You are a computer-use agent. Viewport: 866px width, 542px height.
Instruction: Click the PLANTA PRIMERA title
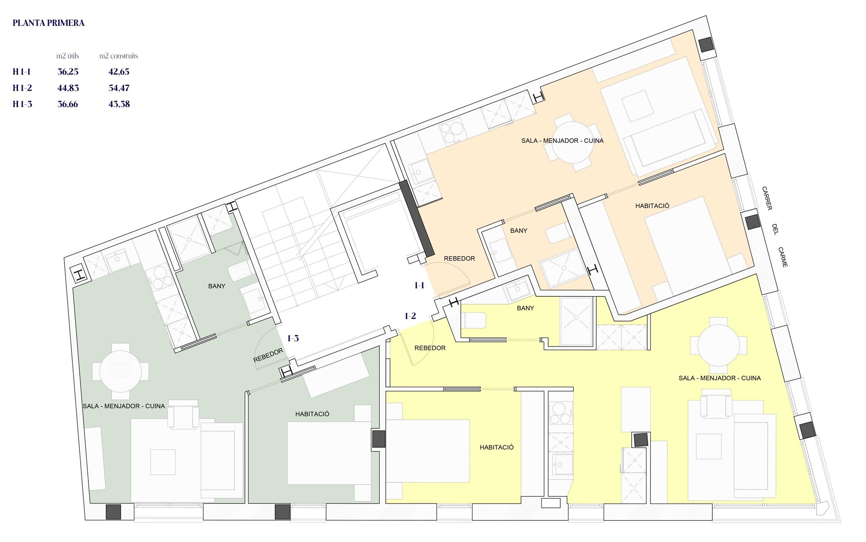[48, 23]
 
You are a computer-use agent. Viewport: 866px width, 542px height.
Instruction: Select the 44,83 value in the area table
[68, 88]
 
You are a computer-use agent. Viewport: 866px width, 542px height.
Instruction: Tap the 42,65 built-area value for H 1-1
[119, 72]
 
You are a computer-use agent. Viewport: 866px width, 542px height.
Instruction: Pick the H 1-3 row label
[22, 104]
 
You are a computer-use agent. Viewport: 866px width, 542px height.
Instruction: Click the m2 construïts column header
[119, 56]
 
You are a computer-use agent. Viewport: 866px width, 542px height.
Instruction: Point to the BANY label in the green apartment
[216, 286]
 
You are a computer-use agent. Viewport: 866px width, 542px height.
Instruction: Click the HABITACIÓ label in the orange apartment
[652, 206]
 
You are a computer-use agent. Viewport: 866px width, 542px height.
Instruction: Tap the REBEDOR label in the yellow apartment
[430, 348]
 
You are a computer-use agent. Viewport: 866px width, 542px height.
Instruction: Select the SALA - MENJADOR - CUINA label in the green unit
[124, 406]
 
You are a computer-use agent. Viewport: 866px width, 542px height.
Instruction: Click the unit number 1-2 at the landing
[410, 316]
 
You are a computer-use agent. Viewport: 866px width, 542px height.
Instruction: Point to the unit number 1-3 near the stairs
[293, 338]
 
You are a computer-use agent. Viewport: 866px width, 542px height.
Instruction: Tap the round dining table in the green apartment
[120, 372]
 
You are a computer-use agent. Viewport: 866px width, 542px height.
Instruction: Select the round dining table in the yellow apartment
[718, 345]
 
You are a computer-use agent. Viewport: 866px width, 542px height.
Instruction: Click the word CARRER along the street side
[767, 199]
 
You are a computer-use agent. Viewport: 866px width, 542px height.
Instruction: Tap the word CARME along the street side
[783, 257]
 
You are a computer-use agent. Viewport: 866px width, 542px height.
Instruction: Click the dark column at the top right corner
[706, 44]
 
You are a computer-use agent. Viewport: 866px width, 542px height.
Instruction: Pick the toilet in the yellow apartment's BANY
[475, 321]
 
